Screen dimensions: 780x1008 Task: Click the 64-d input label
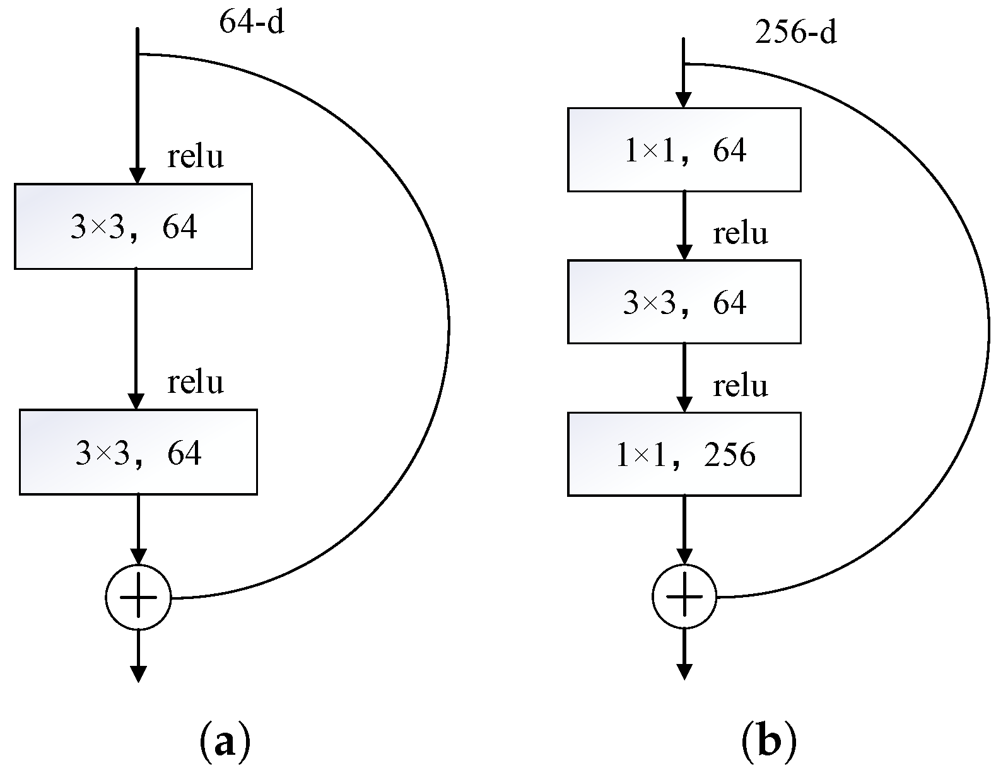252,23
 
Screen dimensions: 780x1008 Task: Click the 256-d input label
795,32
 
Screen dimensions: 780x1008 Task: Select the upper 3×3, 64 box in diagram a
133,226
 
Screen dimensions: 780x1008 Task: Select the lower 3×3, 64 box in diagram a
138,452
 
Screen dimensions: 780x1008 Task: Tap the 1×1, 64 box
684,149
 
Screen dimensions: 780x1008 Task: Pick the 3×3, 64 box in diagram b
684,302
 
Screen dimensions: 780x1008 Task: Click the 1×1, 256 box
684,454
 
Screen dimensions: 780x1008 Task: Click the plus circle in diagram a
138,597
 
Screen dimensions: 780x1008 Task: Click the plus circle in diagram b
684,597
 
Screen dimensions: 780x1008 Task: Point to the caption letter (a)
225,743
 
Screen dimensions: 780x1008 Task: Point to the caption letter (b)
768,743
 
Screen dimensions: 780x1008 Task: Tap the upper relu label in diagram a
195,156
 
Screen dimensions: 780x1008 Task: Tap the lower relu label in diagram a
195,382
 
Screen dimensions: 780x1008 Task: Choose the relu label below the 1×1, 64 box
740,234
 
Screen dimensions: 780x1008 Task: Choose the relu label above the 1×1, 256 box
740,386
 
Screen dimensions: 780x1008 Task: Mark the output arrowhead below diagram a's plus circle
138,673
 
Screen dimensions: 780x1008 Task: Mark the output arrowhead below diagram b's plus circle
684,672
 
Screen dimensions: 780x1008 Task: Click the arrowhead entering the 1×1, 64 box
684,100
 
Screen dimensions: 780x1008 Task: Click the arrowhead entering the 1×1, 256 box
684,404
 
